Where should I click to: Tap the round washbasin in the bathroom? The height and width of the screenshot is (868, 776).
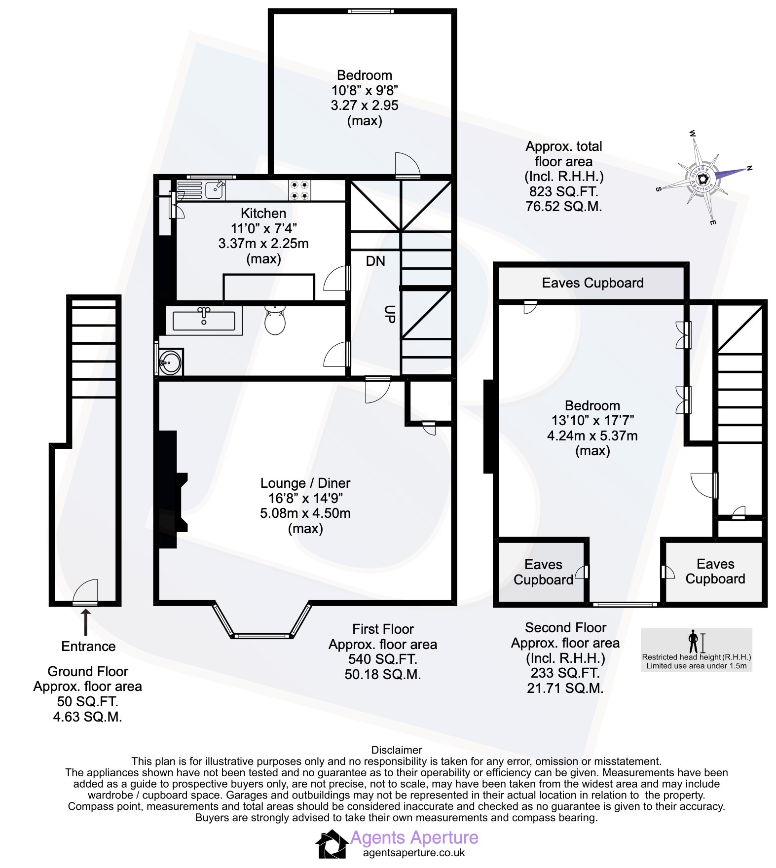pos(170,362)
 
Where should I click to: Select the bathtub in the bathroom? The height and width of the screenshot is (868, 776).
pos(204,321)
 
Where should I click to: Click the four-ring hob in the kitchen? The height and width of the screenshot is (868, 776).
pos(299,190)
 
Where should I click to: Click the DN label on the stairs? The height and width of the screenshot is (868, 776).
pos(375,261)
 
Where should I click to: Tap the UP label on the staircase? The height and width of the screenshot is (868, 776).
pos(390,314)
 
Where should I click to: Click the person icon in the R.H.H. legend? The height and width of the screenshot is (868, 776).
pos(694,641)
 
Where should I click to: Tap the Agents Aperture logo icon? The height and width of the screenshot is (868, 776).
pos(332,844)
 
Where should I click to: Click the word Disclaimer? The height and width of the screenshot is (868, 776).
pos(397,750)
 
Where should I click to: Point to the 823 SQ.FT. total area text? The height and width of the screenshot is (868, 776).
pos(564,191)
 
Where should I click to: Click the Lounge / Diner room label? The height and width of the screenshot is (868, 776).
pos(305,483)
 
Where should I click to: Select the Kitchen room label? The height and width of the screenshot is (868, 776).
pos(263,214)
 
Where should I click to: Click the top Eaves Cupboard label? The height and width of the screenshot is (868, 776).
pos(592,283)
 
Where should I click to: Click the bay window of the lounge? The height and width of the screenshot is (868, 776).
pos(262,620)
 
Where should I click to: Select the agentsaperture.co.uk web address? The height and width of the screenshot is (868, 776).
pos(414,853)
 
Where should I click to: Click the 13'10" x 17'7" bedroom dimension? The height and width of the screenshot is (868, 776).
pos(592,421)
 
